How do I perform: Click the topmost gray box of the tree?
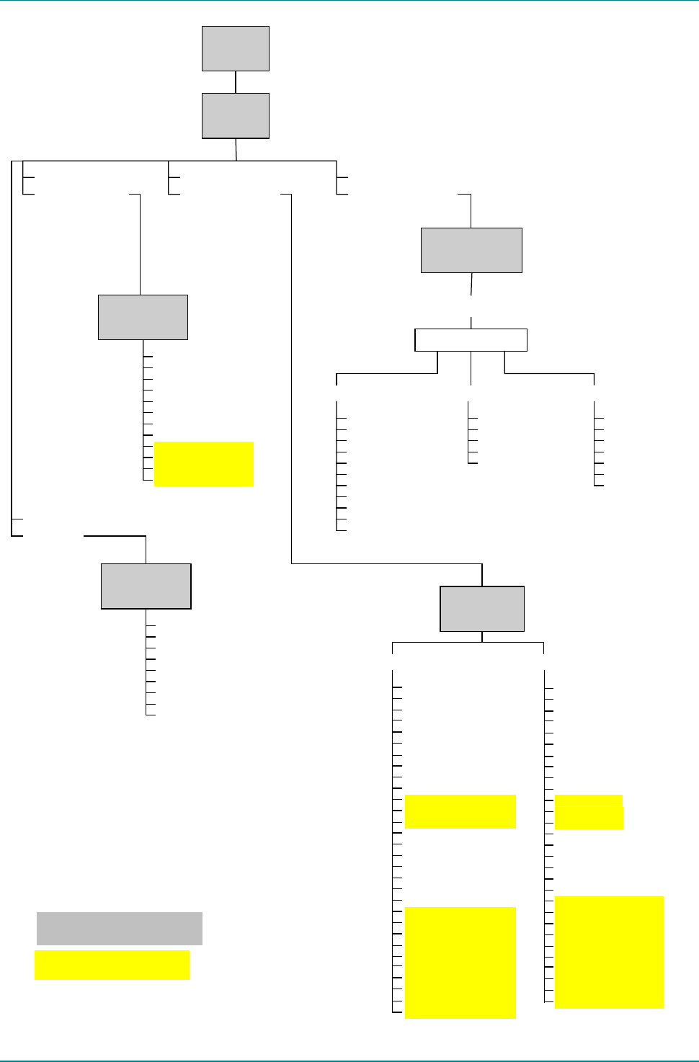pyautogui.click(x=236, y=49)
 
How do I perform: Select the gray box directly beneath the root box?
pyautogui.click(x=236, y=115)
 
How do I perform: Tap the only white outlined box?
pyautogui.click(x=471, y=340)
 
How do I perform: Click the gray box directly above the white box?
pyautogui.click(x=471, y=250)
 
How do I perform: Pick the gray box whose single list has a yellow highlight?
pyautogui.click(x=143, y=317)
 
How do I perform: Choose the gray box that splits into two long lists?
pyautogui.click(x=482, y=609)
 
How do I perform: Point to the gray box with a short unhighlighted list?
pyautogui.click(x=146, y=586)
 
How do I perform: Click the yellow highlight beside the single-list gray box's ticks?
pyautogui.click(x=204, y=464)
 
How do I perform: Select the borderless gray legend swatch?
pyautogui.click(x=120, y=929)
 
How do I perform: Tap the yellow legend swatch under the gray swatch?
pyautogui.click(x=112, y=965)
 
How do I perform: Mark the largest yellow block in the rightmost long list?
pyautogui.click(x=609, y=952)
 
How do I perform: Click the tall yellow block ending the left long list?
pyautogui.click(x=460, y=963)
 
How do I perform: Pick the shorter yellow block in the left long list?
pyautogui.click(x=460, y=811)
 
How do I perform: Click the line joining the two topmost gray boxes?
pyautogui.click(x=236, y=82)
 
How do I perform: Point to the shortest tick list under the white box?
pyautogui.click(x=473, y=432)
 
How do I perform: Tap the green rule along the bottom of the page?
pyautogui.click(x=349, y=1060)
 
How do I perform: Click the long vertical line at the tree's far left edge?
pyautogui.click(x=12, y=346)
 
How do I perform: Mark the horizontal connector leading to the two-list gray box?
pyautogui.click(x=386, y=563)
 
